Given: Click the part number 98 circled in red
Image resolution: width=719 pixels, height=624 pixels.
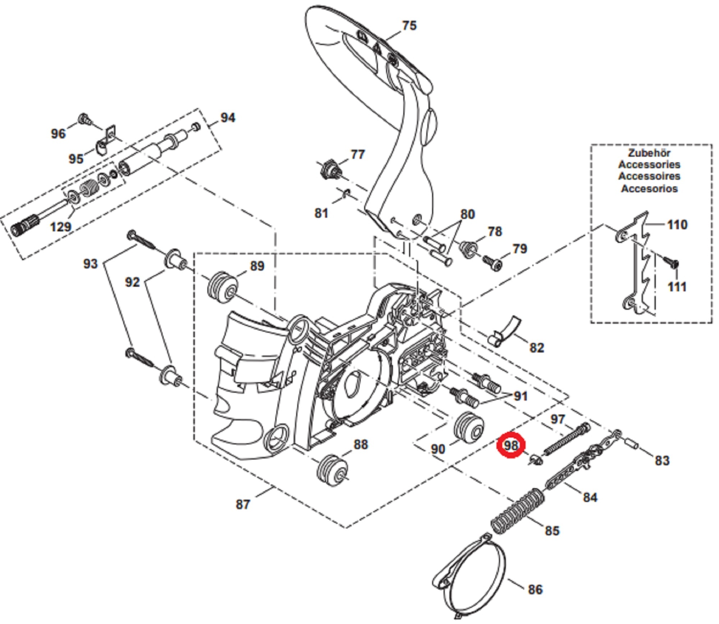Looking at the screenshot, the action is (x=511, y=445).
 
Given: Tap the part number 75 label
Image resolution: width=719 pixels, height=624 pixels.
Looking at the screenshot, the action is (x=409, y=26).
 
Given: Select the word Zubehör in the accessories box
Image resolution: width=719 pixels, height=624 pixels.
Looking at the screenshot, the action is (x=649, y=153).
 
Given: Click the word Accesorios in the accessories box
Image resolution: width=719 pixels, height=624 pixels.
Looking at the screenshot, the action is (x=649, y=188).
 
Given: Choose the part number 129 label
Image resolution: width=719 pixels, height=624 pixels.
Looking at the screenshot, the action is (x=60, y=227).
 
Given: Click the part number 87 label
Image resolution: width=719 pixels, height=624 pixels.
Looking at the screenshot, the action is (x=243, y=504).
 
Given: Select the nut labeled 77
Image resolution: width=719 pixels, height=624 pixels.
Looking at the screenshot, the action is (x=330, y=170).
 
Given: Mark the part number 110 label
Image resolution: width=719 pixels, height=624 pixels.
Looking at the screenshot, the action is (x=677, y=225).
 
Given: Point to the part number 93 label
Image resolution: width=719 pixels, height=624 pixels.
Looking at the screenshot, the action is (x=90, y=264).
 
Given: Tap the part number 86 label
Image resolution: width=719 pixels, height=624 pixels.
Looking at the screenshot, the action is (x=535, y=590).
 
